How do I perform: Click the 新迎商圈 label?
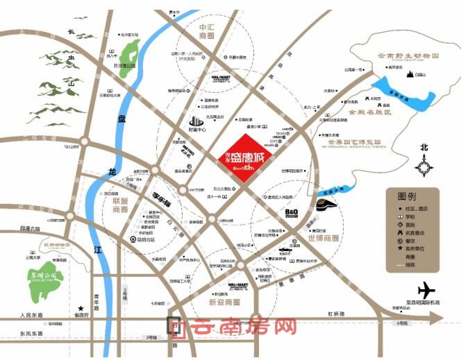224,302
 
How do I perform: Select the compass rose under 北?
423,166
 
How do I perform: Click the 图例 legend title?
407,196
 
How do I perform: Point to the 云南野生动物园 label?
405,56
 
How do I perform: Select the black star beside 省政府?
81,308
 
